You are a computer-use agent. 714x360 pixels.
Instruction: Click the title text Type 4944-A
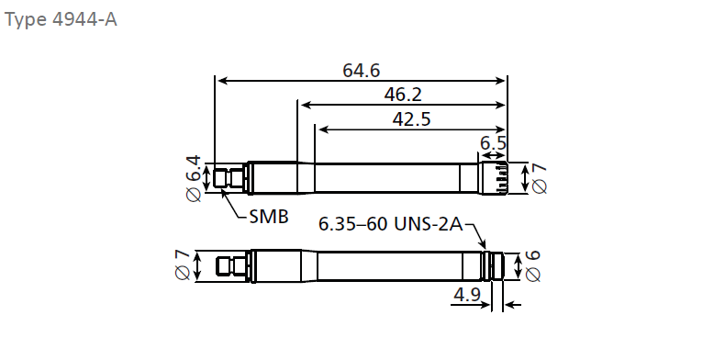click(x=61, y=20)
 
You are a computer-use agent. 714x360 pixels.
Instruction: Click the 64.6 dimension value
click(x=361, y=71)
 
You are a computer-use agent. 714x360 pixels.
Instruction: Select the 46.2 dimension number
click(x=403, y=95)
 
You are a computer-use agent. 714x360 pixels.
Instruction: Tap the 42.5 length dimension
click(x=411, y=119)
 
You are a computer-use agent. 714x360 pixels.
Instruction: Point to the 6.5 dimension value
click(x=493, y=143)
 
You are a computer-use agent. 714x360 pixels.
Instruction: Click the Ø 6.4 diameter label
click(x=194, y=178)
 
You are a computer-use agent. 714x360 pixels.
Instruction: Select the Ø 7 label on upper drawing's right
click(x=539, y=179)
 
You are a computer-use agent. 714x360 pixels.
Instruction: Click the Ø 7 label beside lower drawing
click(x=182, y=264)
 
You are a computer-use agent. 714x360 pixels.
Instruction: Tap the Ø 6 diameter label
click(x=532, y=265)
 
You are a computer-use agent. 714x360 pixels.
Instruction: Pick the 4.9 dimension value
click(x=467, y=295)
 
